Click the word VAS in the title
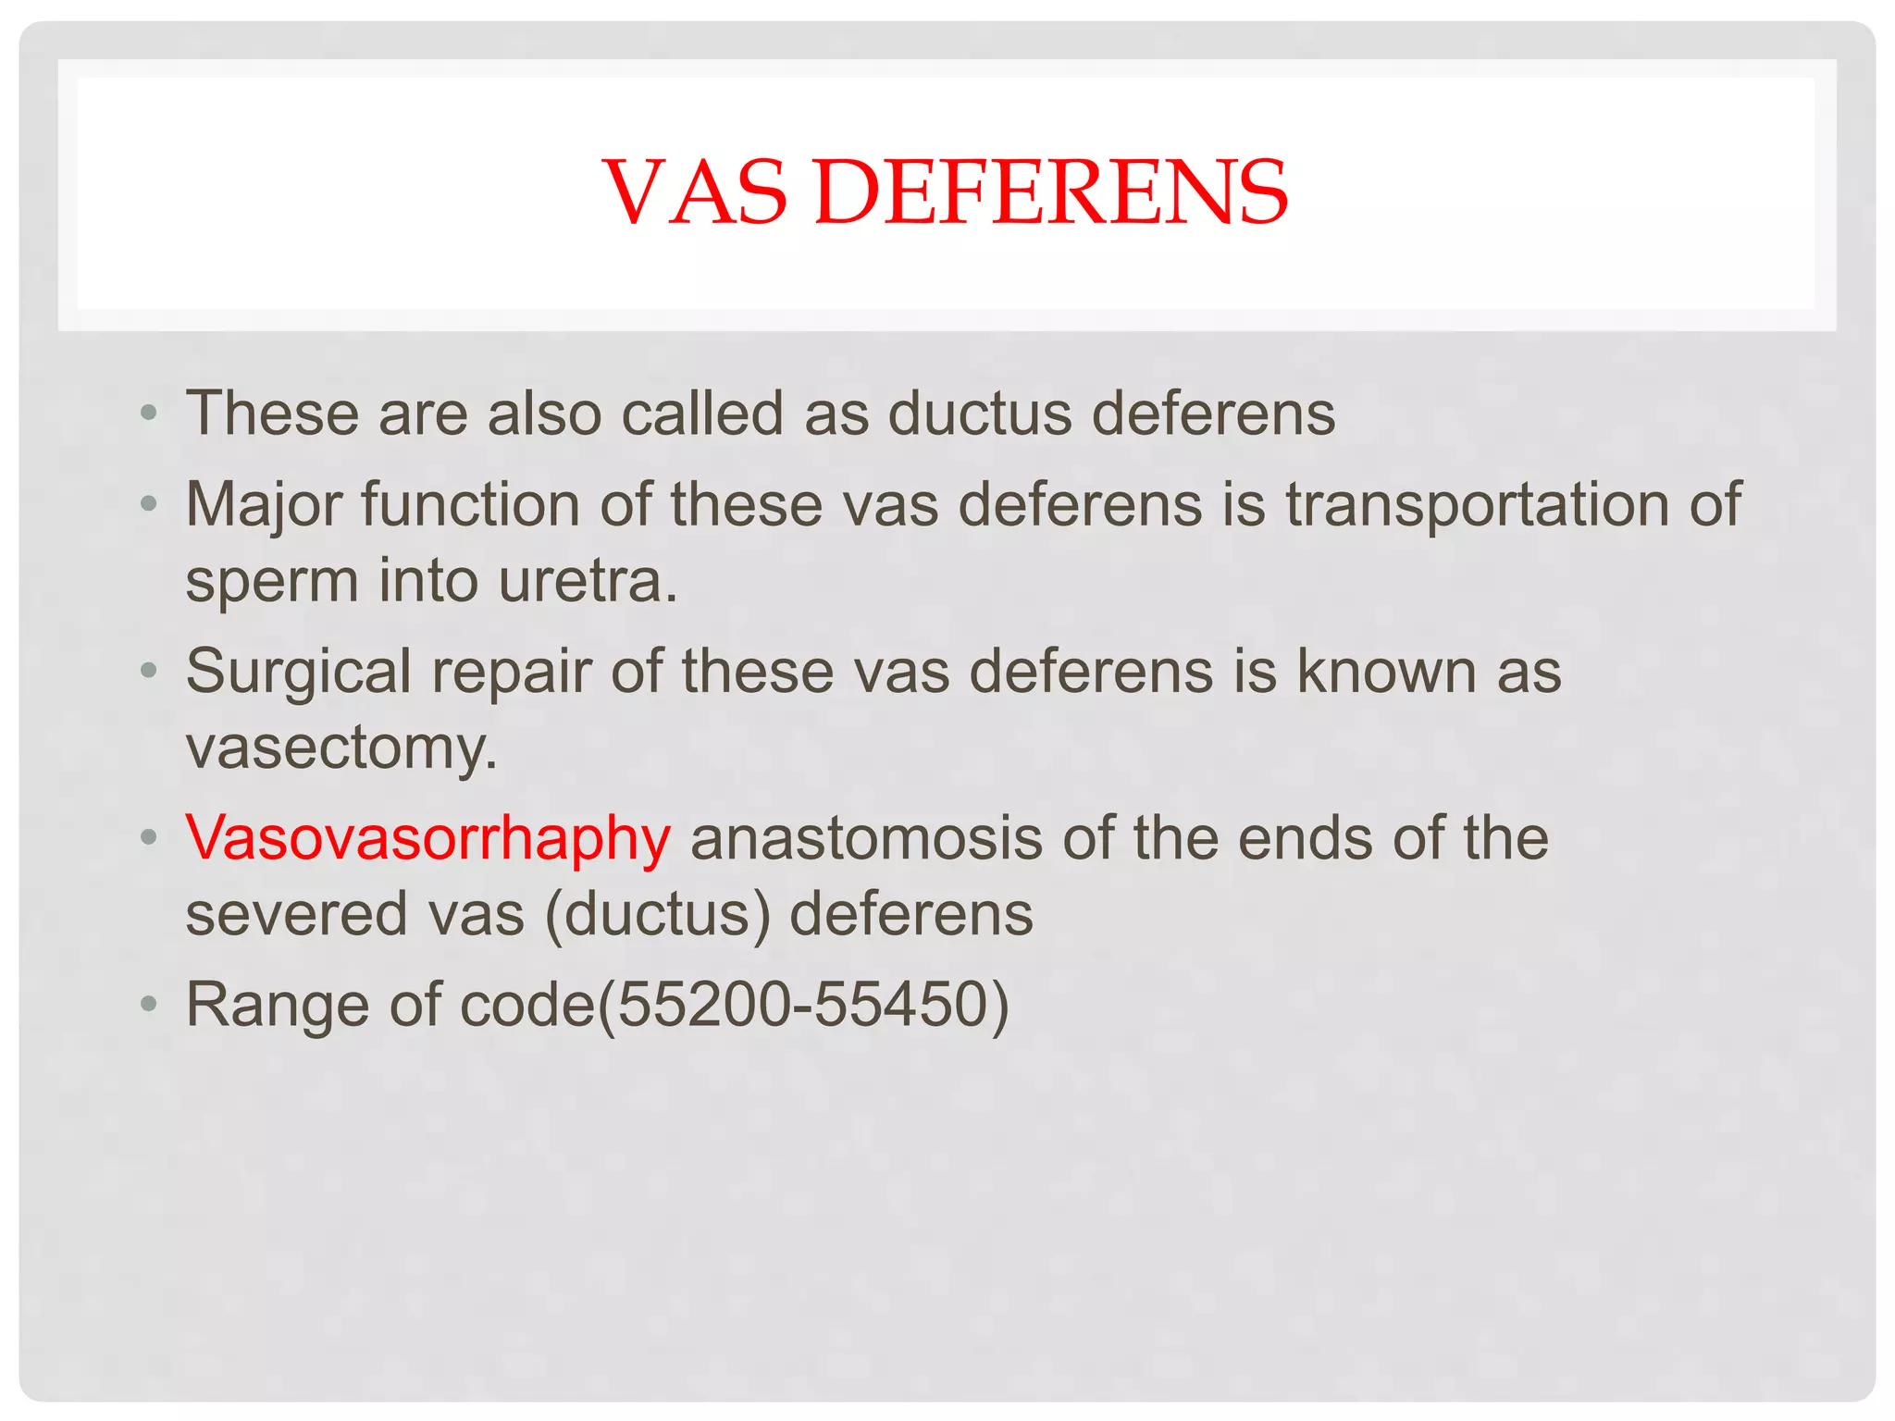pos(695,192)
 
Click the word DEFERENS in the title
pos(1050,192)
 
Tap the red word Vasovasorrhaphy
pos(427,838)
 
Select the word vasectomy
pos(341,748)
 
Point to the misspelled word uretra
pos(588,581)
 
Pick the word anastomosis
pos(865,838)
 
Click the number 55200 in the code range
pos(704,1005)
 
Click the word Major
pos(263,505)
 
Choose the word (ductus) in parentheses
pos(658,914)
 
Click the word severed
pos(296,914)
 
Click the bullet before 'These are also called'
pos(149,413)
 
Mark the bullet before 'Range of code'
pos(149,1004)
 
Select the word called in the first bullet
pos(702,413)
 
